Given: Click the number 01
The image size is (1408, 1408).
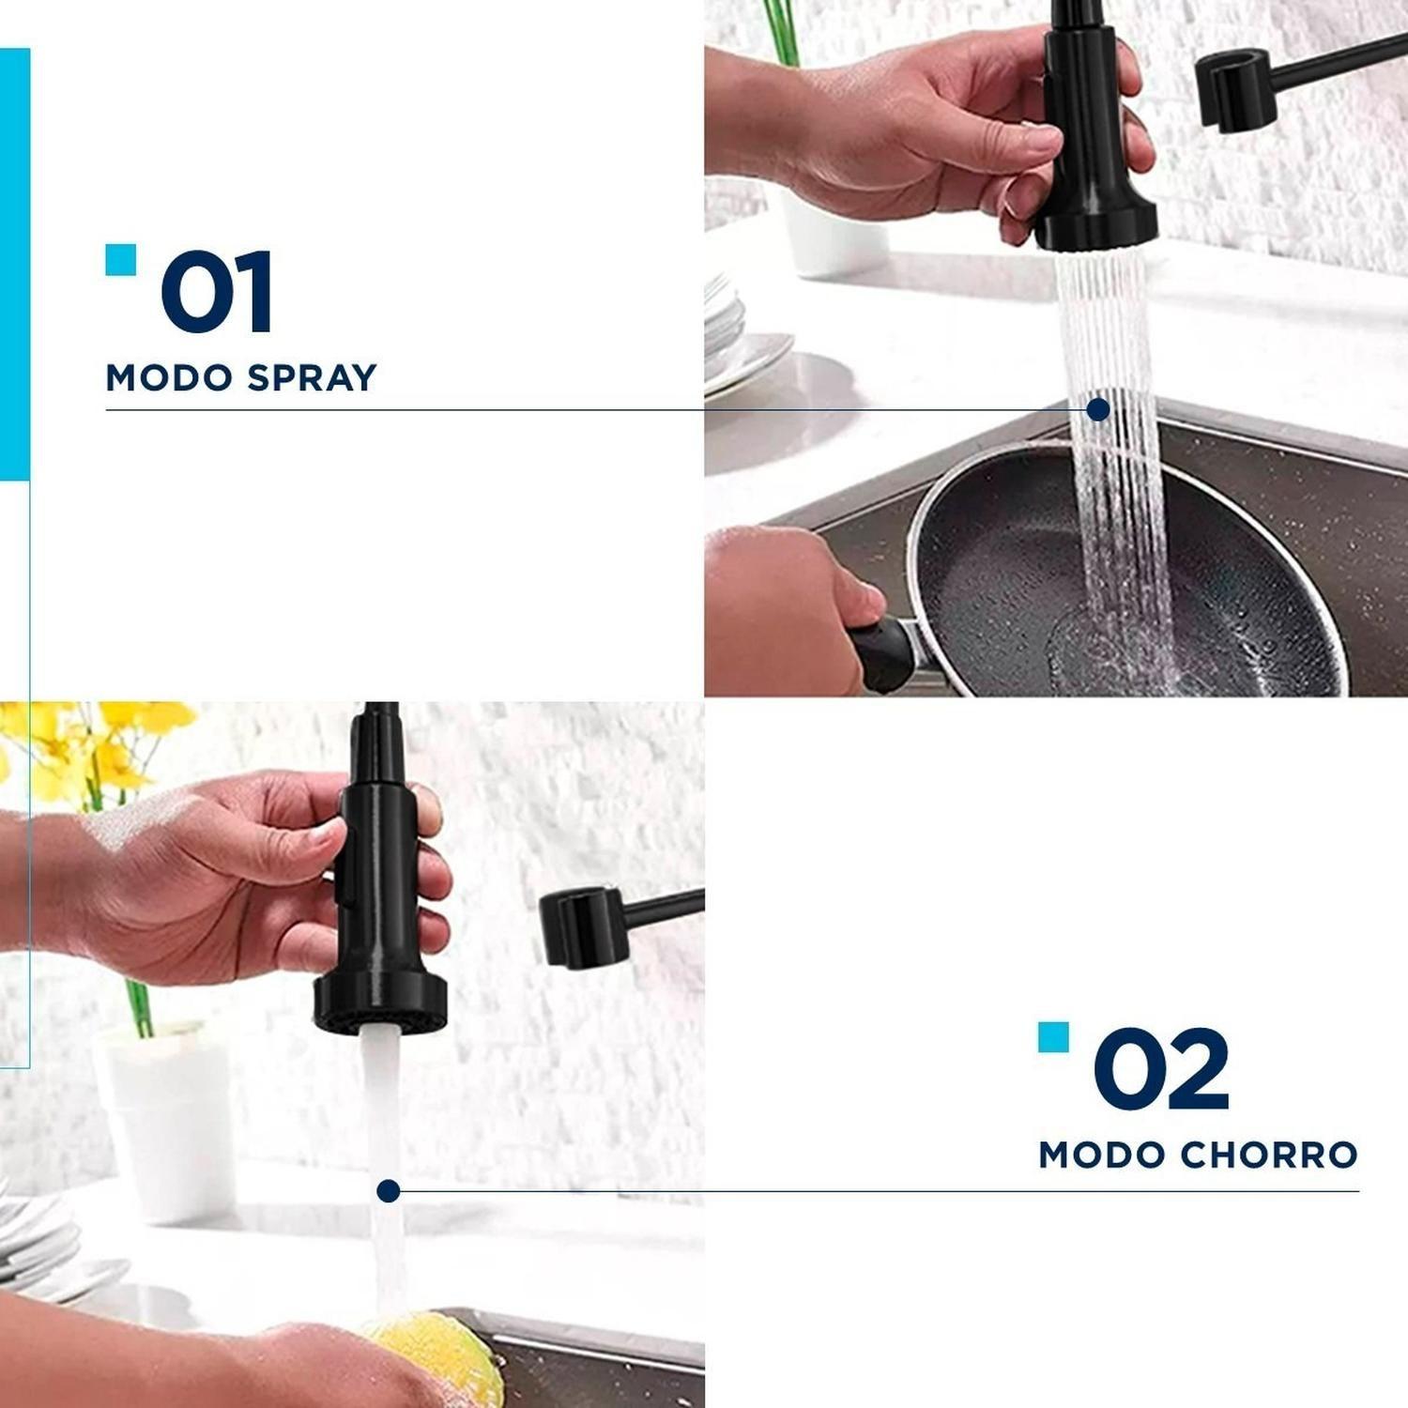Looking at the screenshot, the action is [x=217, y=291].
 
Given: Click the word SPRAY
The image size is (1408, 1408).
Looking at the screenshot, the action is [x=312, y=378].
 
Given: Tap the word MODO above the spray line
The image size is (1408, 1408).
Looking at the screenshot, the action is [x=169, y=378].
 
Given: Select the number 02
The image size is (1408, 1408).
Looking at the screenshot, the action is [x=1161, y=1068].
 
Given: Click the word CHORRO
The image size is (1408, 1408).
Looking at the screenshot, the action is [x=1269, y=1155].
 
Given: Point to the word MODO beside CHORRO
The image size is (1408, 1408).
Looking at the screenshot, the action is [x=1102, y=1155].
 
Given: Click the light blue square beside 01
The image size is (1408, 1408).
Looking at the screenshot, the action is [x=121, y=260].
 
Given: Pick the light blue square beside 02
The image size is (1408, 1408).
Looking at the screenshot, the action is [x=1053, y=1037].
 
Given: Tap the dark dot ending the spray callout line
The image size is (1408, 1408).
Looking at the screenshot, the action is [x=1098, y=409].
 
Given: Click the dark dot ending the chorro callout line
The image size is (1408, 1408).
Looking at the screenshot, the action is [x=389, y=1191].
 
